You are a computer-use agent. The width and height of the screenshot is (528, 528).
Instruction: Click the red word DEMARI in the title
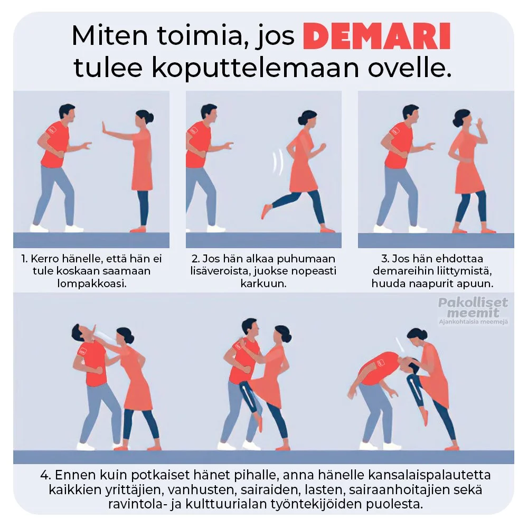[377, 36]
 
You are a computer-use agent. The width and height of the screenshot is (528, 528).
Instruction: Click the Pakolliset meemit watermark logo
[473, 310]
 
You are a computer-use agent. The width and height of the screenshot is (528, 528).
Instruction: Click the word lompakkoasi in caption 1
[91, 284]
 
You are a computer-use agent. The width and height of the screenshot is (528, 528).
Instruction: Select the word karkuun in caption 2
[263, 284]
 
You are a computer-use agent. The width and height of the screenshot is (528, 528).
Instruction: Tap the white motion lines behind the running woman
[278, 163]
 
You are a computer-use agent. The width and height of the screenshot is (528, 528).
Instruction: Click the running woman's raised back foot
[266, 211]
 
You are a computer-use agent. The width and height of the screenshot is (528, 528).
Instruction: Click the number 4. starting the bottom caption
[45, 475]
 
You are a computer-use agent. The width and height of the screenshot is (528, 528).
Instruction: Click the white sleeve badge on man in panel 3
[395, 131]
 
